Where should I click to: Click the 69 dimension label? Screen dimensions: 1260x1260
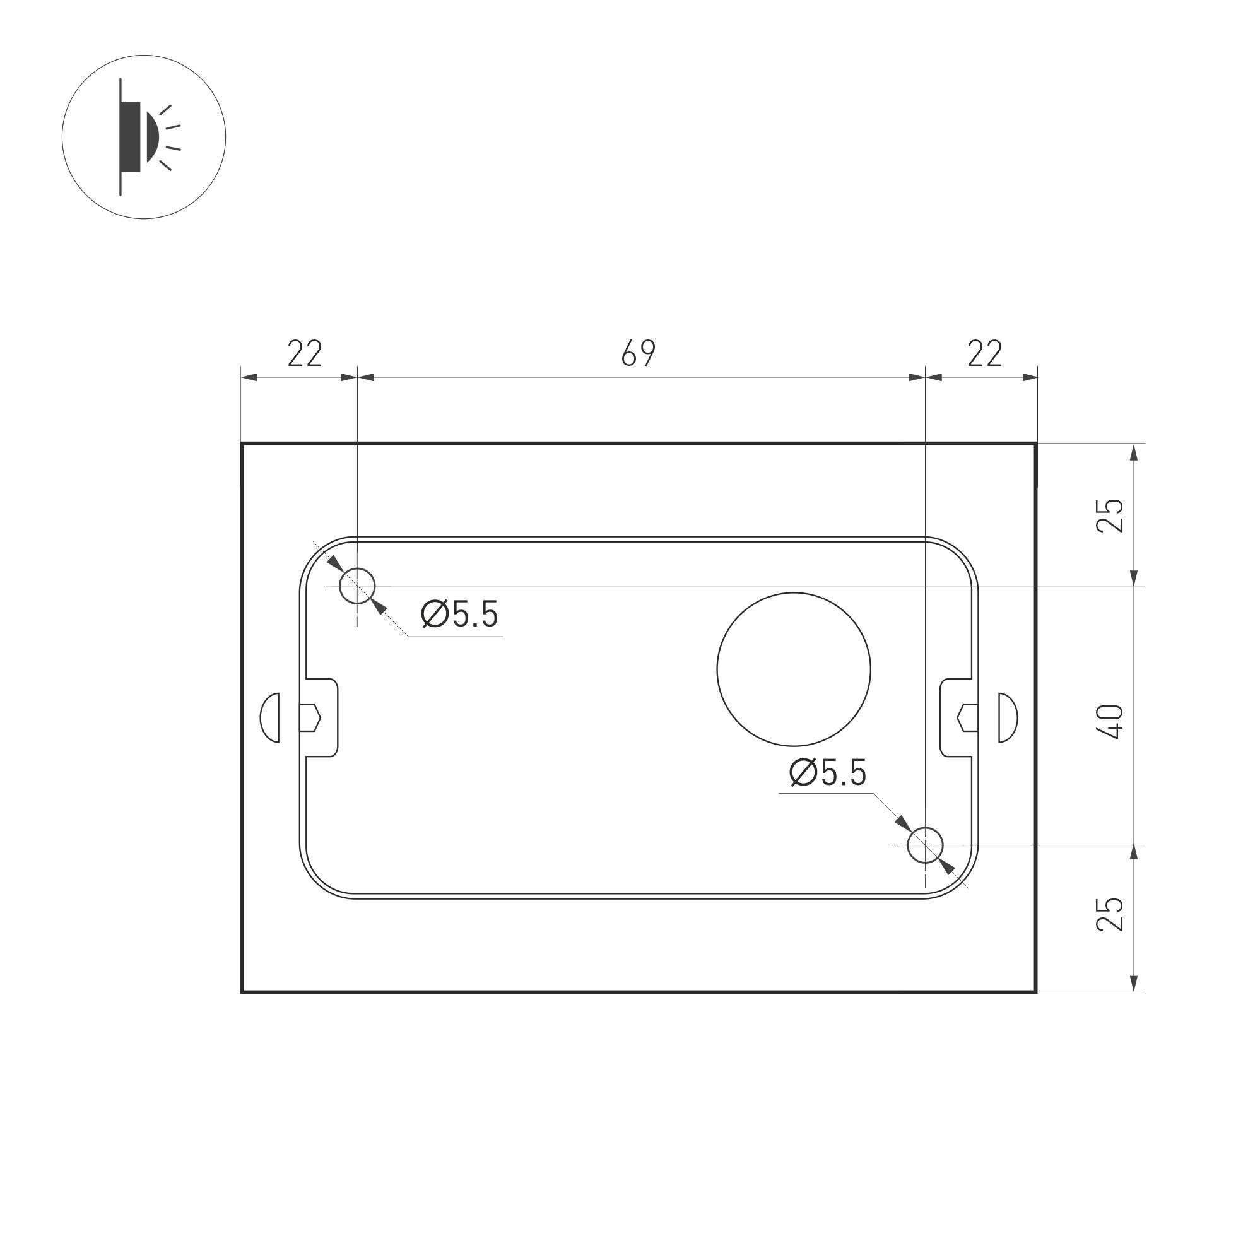[x=638, y=353]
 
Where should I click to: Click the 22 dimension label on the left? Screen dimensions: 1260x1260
[x=305, y=353]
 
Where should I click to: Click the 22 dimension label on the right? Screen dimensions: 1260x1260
[x=984, y=353]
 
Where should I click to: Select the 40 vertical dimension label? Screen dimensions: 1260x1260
[x=1110, y=721]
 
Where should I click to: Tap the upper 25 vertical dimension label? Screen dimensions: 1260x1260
[x=1110, y=515]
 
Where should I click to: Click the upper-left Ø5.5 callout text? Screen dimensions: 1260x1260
[x=460, y=614]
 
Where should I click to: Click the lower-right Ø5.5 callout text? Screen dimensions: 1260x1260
[x=828, y=773]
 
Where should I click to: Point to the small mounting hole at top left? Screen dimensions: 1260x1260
[x=357, y=585]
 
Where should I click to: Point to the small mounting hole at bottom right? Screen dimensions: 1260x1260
[x=926, y=845]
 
